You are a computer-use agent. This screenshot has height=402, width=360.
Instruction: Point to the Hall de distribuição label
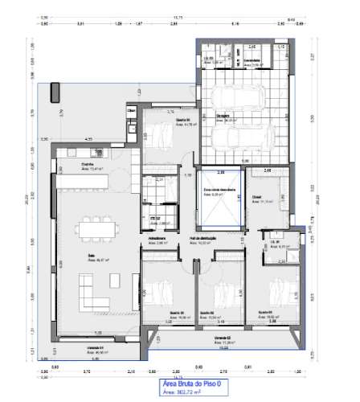click(x=205, y=239)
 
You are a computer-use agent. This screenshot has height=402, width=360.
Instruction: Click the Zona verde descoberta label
click(x=218, y=191)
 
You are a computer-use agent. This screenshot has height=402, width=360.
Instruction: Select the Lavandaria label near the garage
click(x=252, y=59)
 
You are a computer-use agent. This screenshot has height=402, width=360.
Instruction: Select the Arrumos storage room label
click(x=157, y=239)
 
